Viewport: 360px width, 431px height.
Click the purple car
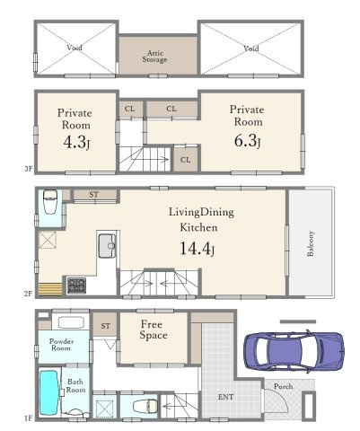294,351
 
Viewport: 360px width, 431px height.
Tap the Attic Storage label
154,57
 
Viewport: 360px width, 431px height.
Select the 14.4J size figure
197,249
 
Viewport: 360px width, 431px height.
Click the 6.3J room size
247,141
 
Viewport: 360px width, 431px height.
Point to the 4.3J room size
76,143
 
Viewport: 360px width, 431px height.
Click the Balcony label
311,243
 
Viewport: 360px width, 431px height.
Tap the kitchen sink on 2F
107,246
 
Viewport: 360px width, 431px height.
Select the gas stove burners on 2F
76,286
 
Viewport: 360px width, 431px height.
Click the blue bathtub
48,392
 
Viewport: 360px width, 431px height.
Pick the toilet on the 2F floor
50,201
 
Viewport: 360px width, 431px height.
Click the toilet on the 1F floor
145,407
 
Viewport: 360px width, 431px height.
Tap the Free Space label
154,330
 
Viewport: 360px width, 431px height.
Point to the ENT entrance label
225,397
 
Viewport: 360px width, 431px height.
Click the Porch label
283,386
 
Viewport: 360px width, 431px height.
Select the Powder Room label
61,345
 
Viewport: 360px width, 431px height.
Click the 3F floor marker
28,169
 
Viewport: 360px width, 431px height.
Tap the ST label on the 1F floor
105,326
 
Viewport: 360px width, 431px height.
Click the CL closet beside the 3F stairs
185,160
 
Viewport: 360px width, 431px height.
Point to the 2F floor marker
28,294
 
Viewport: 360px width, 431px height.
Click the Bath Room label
75,386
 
